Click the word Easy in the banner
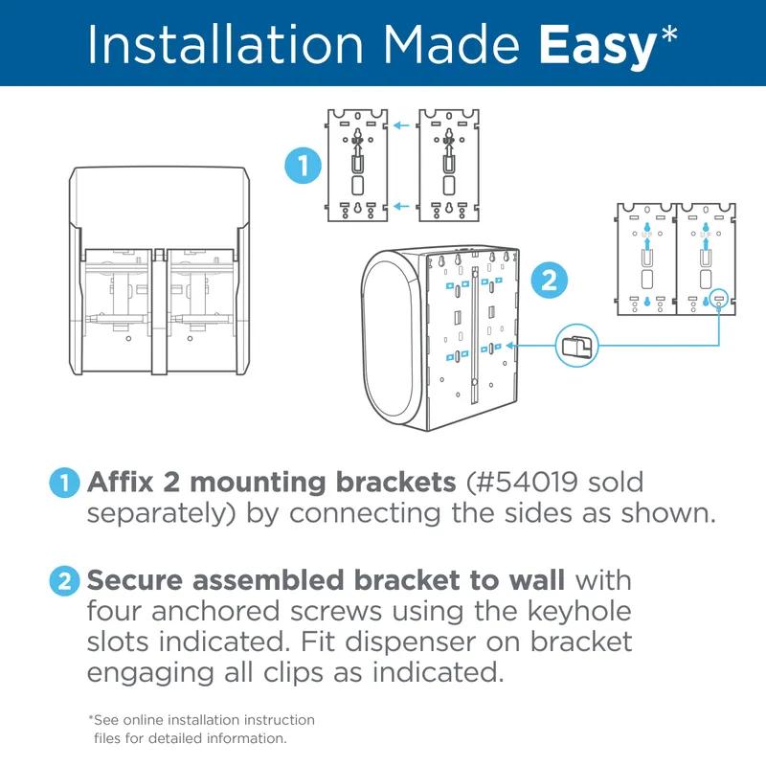click(597, 47)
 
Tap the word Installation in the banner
click(226, 44)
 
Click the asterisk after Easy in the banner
click(667, 34)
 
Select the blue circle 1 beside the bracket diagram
click(303, 165)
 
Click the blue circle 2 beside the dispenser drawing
click(550, 281)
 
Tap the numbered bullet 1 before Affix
click(64, 484)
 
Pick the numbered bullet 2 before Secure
click(64, 581)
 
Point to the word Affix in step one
click(121, 483)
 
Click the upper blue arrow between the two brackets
click(401, 125)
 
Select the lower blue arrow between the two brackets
click(401, 206)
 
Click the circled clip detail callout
click(577, 346)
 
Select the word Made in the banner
click(450, 44)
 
